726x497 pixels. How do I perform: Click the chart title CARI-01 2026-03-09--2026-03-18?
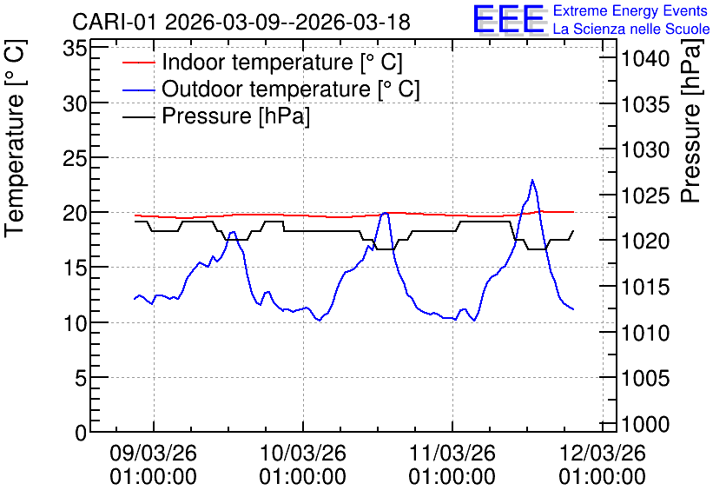pos(241,22)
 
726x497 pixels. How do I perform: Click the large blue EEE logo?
pos(509,19)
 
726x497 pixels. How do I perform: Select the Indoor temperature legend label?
pos(282,62)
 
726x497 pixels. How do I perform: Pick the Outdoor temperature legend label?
pos(291,89)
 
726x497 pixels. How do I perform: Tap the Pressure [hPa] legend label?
pos(235,116)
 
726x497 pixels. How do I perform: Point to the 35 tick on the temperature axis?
pos(75,48)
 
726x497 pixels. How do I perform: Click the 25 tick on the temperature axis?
pos(75,158)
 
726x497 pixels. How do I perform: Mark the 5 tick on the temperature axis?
pos(81,378)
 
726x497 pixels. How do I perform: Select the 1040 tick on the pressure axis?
pos(645,59)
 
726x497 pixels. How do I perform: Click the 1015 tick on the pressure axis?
pos(645,288)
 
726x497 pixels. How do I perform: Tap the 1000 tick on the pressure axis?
pos(645,424)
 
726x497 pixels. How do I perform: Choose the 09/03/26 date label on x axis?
pos(153,453)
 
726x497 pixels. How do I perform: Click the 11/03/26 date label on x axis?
pos(452,453)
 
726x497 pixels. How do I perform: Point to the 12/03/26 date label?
pos(602,453)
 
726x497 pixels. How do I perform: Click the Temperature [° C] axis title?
pos(15,139)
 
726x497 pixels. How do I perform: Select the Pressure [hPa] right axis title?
pos(691,121)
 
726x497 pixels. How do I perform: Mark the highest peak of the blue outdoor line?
pos(532,180)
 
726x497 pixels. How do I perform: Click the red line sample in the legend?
pos(139,63)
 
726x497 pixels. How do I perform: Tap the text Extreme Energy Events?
pos(630,10)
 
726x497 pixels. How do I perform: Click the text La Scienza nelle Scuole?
pos(631,29)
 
